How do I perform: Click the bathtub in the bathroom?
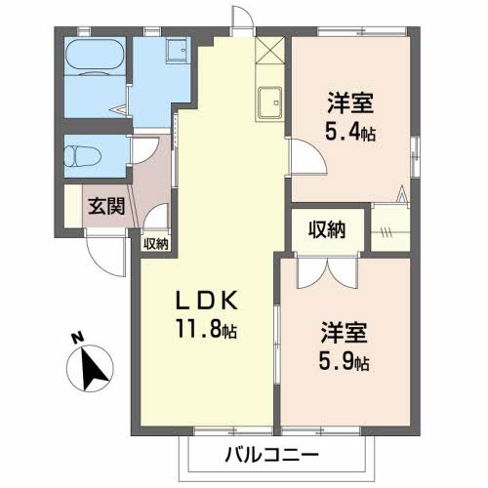click(95, 58)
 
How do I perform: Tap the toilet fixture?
click(82, 156)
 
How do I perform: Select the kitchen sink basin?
click(269, 102)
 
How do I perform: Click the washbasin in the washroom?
click(178, 50)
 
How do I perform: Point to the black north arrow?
click(93, 369)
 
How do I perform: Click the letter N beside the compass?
click(77, 338)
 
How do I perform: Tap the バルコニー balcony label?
click(271, 455)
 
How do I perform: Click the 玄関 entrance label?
click(106, 206)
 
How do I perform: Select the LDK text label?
click(207, 300)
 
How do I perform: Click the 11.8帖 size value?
click(206, 328)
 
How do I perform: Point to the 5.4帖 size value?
click(350, 132)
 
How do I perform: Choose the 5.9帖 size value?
click(344, 361)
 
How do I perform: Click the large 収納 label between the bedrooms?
click(327, 229)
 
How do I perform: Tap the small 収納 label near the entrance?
click(156, 243)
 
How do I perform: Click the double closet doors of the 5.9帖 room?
click(328, 270)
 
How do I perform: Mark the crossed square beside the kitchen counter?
click(269, 50)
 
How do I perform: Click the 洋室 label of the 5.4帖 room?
click(350, 102)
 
